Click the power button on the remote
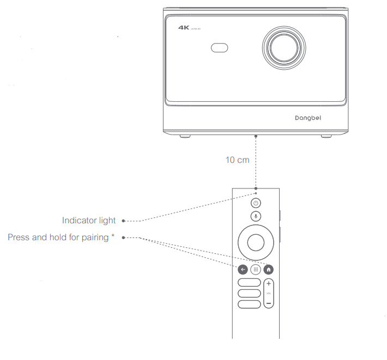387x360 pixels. point(256,203)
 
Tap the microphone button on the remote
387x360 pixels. point(256,216)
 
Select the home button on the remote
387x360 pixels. point(268,269)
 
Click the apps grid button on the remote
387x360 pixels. point(256,269)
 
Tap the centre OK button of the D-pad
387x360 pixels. point(256,241)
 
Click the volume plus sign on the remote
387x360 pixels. point(268,284)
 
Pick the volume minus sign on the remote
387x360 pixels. point(268,302)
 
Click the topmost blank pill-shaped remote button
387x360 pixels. point(249,283)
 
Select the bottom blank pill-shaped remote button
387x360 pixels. point(249,303)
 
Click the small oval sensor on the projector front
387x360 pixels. point(219,48)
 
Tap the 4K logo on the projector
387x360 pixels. point(184,27)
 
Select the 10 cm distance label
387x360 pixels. point(237,160)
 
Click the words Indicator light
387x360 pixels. point(89,221)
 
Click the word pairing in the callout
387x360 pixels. point(94,237)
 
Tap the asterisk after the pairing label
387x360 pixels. point(113,236)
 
